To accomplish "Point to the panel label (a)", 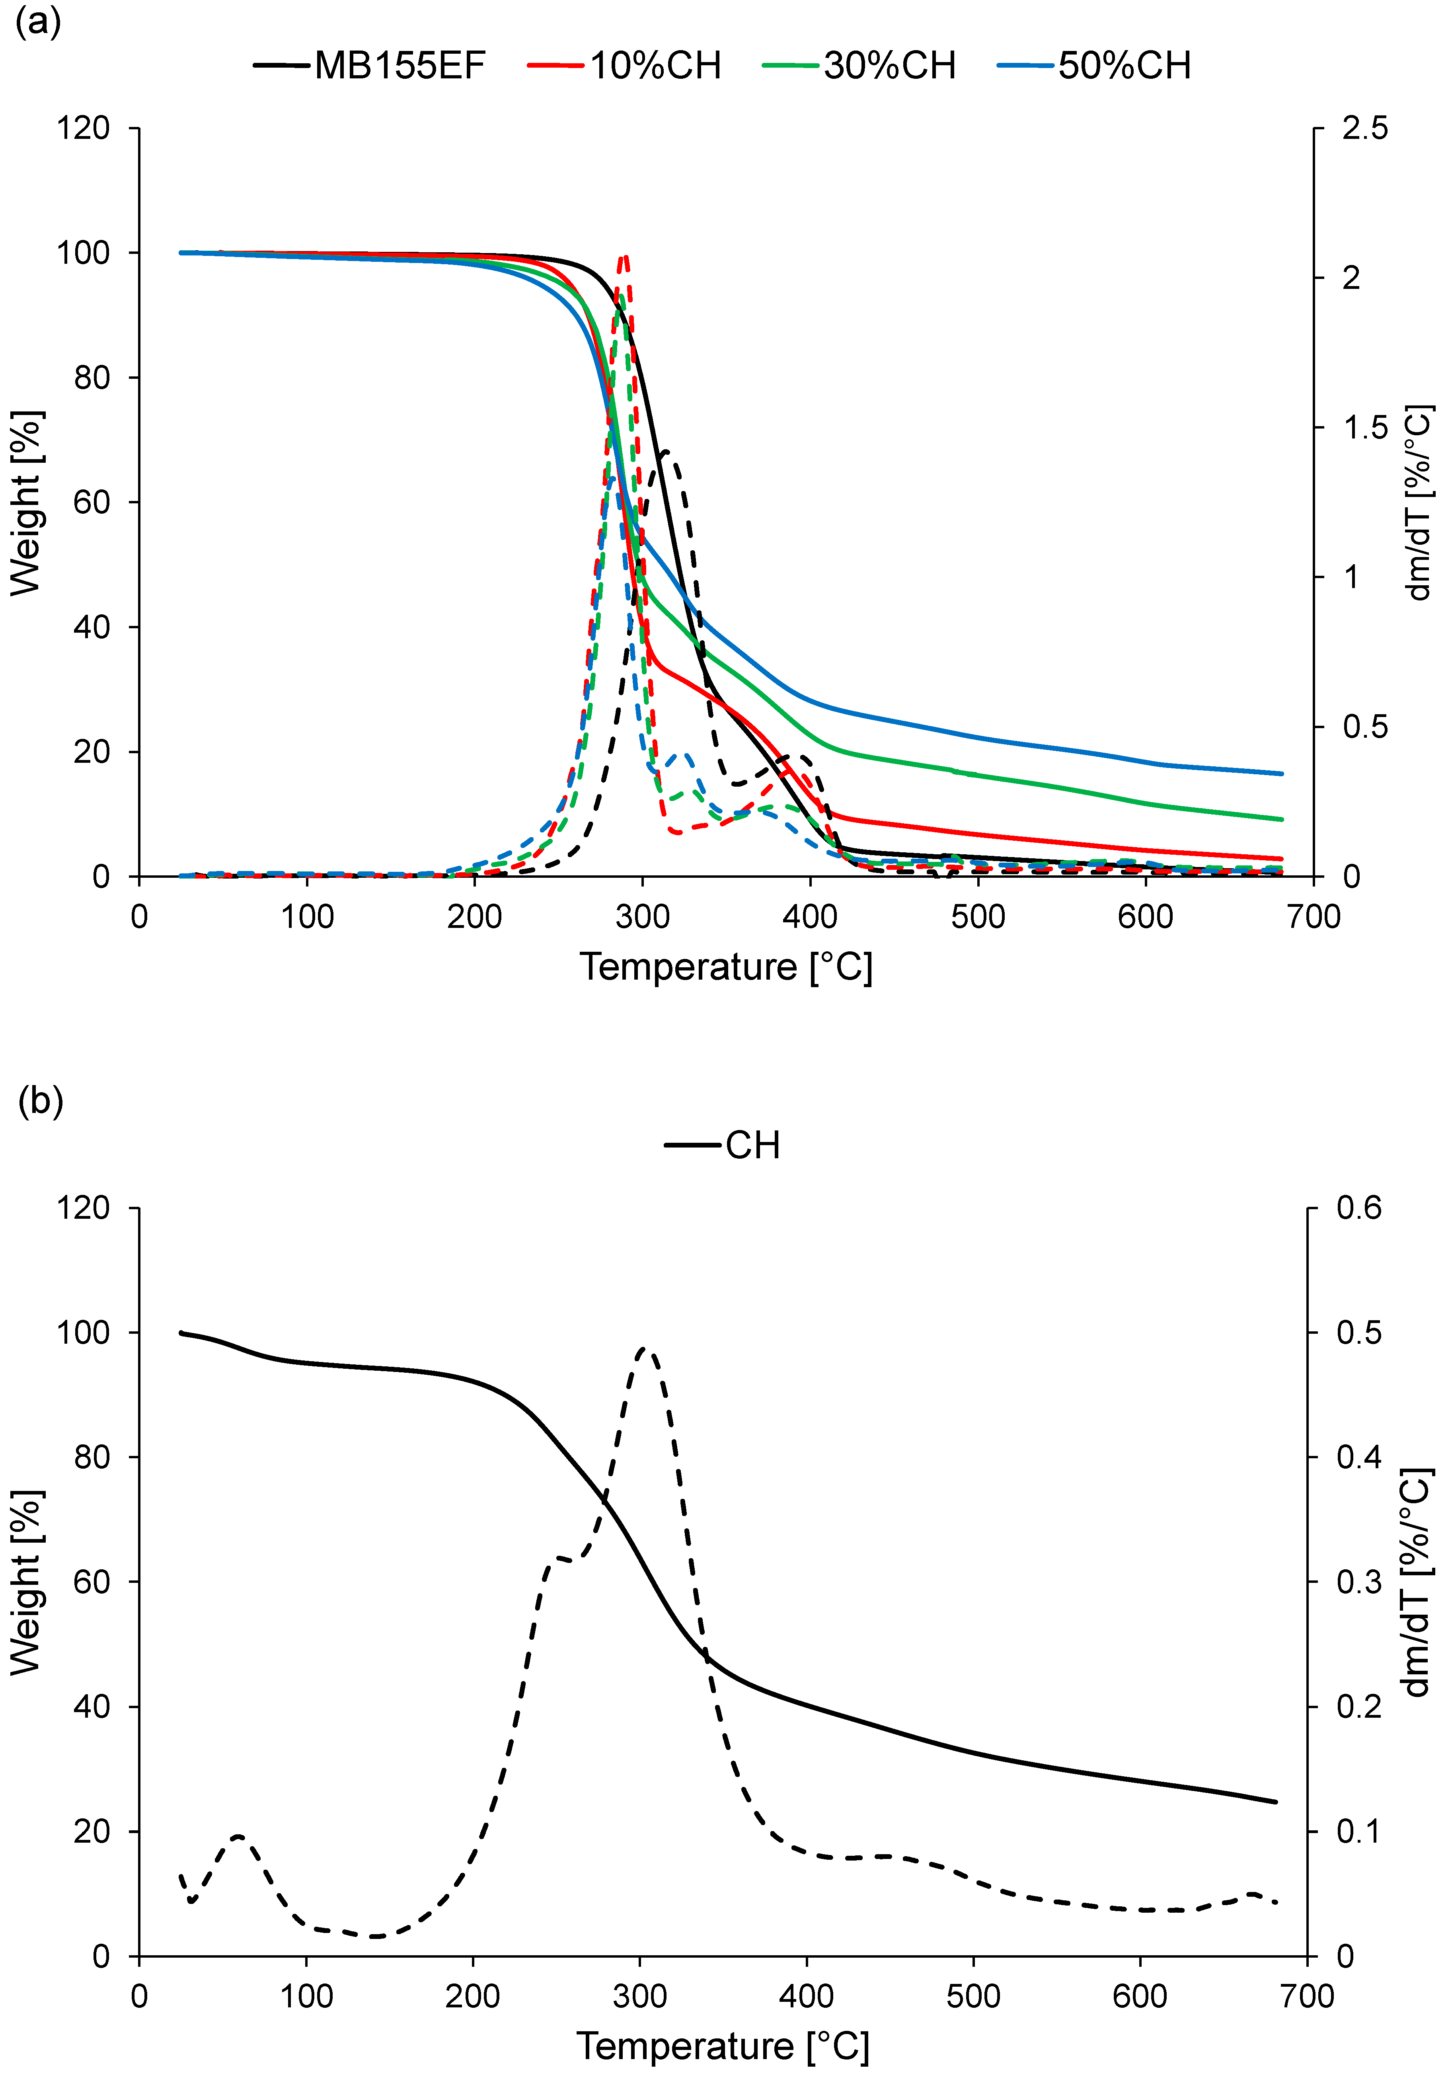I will [x=38, y=20].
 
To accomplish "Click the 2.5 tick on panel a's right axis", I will [x=1364, y=129].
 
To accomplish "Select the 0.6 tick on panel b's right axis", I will [x=1358, y=1208].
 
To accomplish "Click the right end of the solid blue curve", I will [x=1282, y=773].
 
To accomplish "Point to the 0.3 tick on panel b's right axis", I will [x=1358, y=1582].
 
